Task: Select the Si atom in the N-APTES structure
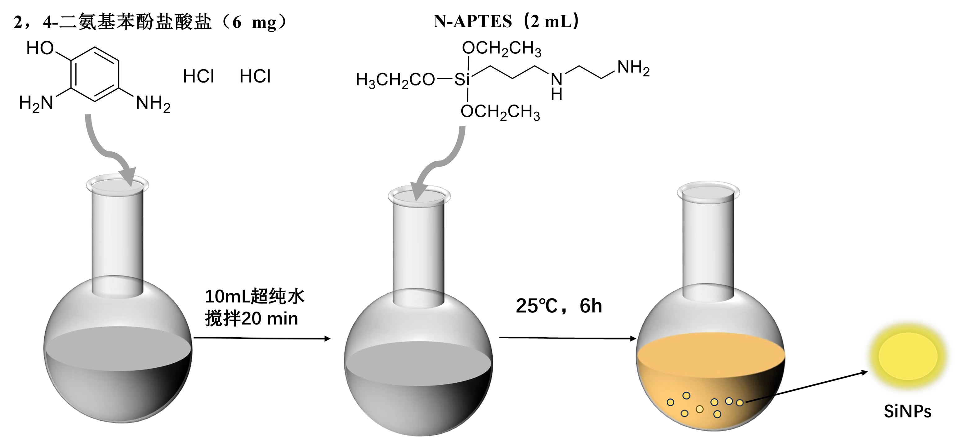462,79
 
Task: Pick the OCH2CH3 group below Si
500,112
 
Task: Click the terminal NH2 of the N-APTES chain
633,68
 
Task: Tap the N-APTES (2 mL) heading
506,21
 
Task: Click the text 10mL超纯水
254,297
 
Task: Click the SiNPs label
907,411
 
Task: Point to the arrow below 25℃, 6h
567,338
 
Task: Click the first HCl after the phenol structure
199,77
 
